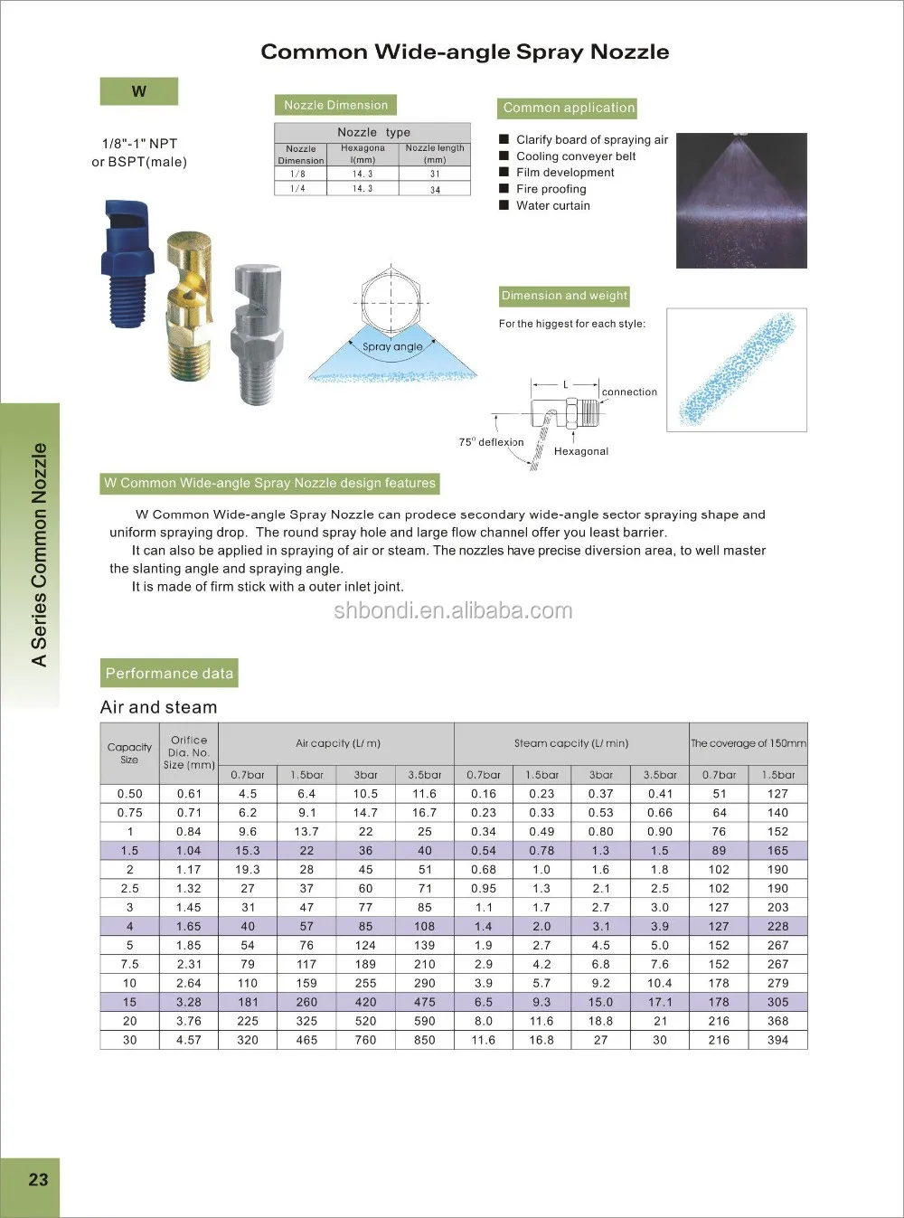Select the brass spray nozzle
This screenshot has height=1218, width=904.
point(190,307)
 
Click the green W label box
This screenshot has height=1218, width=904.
point(138,91)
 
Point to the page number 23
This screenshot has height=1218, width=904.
point(38,1179)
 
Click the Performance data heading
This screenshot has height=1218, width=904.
point(169,674)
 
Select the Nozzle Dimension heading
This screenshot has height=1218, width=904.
point(335,105)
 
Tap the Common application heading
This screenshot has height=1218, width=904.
point(569,108)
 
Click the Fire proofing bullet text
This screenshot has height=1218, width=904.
point(551,189)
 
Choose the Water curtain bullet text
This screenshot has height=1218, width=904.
point(552,205)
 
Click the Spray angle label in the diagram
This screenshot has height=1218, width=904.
point(392,346)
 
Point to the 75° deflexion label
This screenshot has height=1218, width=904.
point(491,442)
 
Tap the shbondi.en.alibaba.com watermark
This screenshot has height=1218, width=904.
point(453,610)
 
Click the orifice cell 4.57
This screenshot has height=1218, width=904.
point(189,1040)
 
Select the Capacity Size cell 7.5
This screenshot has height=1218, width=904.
point(130,964)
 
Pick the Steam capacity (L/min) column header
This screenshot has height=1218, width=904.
point(570,743)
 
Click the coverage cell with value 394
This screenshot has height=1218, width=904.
point(777,1040)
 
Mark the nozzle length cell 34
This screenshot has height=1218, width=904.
point(435,189)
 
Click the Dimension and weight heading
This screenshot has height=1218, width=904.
point(564,296)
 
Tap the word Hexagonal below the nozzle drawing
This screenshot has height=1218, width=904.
point(581,451)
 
